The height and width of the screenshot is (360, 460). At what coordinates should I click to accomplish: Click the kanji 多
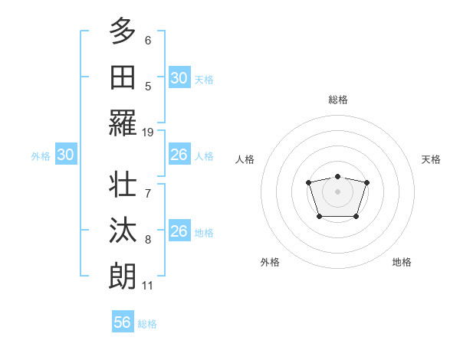[123, 31]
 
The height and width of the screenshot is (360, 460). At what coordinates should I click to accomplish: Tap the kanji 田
[123, 77]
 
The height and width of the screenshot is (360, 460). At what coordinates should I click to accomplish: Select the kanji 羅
[123, 123]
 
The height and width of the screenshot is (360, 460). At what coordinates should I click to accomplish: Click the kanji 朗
[123, 277]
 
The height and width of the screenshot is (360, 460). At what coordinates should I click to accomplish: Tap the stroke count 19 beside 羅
[148, 132]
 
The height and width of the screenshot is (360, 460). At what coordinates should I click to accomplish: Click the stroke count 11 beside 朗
[148, 286]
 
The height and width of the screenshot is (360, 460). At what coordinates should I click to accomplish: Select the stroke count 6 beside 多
[148, 40]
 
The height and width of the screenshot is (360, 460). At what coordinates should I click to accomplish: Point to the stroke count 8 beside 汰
[148, 240]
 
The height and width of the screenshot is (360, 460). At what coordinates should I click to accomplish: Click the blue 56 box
[123, 322]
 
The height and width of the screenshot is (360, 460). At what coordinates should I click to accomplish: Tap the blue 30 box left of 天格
[179, 78]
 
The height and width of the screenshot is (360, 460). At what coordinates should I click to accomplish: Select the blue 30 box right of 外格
[66, 155]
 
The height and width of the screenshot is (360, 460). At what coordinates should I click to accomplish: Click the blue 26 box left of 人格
[179, 155]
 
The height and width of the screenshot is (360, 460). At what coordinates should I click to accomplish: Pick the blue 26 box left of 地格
[179, 231]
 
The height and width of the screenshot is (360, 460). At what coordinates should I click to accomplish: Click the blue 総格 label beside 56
[147, 324]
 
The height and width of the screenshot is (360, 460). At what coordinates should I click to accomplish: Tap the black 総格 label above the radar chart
[337, 100]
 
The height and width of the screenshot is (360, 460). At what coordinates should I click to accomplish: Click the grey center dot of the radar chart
[337, 191]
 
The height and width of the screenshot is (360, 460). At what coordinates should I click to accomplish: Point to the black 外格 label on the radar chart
[270, 262]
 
